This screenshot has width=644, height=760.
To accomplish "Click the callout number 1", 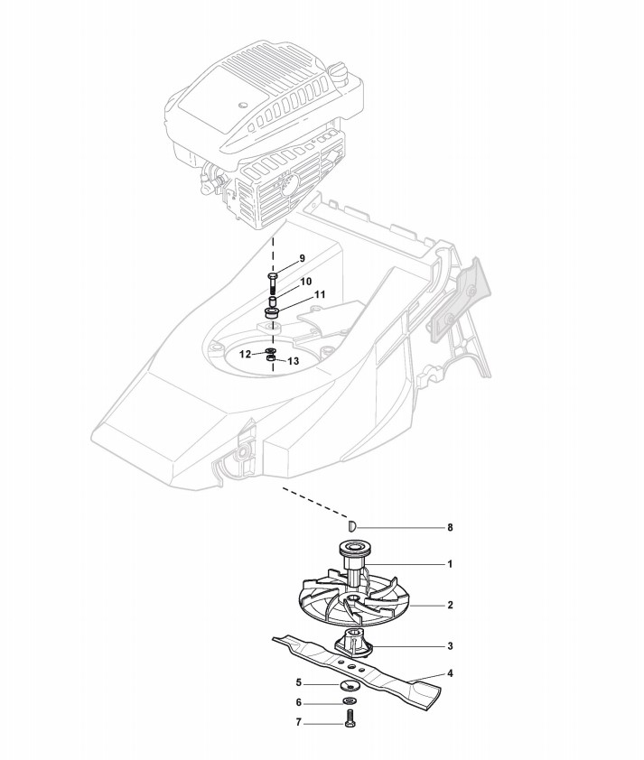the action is (449, 564).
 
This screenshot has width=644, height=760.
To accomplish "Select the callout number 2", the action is (449, 605).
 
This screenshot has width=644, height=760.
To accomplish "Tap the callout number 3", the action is (449, 646).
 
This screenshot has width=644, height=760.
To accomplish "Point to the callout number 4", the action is (449, 673).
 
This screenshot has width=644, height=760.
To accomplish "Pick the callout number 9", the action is (303, 258).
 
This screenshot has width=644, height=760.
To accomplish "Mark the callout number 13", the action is (294, 361).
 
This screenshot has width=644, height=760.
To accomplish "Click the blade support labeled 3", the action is (352, 644).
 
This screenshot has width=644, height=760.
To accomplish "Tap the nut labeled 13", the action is (272, 360).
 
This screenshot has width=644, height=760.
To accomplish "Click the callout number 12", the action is (245, 355).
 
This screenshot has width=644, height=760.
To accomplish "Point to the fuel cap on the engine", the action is (341, 71).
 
